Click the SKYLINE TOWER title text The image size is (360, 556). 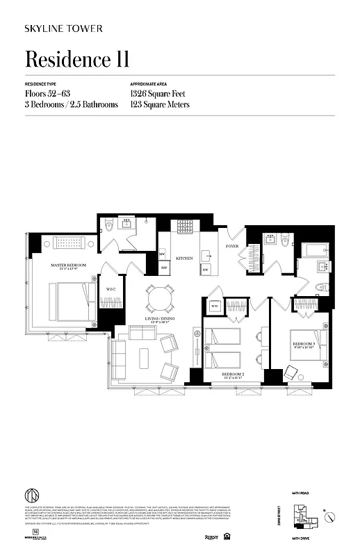click(64, 28)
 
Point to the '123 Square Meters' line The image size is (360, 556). click(160, 105)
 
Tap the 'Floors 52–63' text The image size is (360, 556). click(48, 93)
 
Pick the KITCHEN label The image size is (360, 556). click(184, 258)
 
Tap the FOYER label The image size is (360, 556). click(231, 246)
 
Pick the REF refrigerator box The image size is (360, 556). click(165, 267)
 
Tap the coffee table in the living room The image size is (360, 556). click(144, 356)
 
